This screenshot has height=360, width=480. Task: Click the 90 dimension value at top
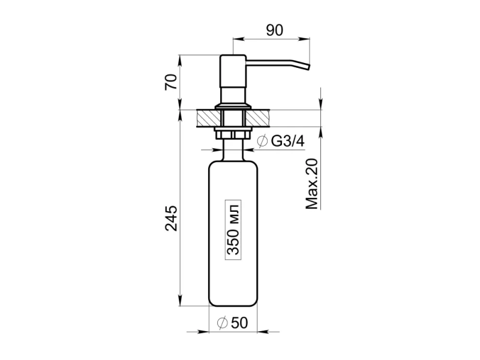tap(275, 30)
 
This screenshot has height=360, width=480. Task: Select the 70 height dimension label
tap(171, 82)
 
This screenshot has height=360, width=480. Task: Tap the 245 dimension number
tap(171, 218)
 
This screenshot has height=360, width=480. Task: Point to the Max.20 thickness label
tap(311, 184)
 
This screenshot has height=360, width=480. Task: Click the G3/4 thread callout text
tap(288, 141)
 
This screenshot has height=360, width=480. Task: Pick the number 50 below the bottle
tap(239, 322)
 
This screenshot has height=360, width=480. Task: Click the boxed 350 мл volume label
tap(233, 230)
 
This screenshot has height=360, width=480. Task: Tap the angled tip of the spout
tap(308, 67)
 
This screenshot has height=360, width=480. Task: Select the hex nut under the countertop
tap(233, 134)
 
